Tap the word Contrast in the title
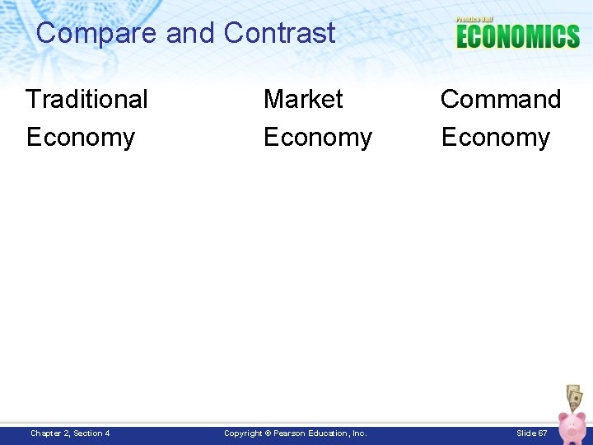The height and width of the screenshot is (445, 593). pyautogui.click(x=280, y=33)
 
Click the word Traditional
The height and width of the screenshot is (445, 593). pyautogui.click(x=86, y=99)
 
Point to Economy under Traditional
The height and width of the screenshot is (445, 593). pyautogui.click(x=81, y=137)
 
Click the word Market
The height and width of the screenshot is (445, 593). pyautogui.click(x=303, y=99)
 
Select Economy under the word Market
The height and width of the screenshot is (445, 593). pyautogui.click(x=318, y=137)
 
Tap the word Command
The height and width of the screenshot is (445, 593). pyautogui.click(x=501, y=99)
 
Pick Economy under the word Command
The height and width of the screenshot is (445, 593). pyautogui.click(x=496, y=137)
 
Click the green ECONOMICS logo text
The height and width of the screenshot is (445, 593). pyautogui.click(x=518, y=36)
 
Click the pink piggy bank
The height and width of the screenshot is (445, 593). pyautogui.click(x=571, y=426)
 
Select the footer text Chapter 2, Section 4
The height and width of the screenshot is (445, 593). pyautogui.click(x=70, y=433)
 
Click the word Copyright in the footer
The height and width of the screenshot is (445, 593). pyautogui.click(x=243, y=433)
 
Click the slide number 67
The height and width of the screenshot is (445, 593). pyautogui.click(x=543, y=433)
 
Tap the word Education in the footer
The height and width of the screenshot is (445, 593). pyautogui.click(x=329, y=433)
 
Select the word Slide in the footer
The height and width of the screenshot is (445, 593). pyautogui.click(x=526, y=433)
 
